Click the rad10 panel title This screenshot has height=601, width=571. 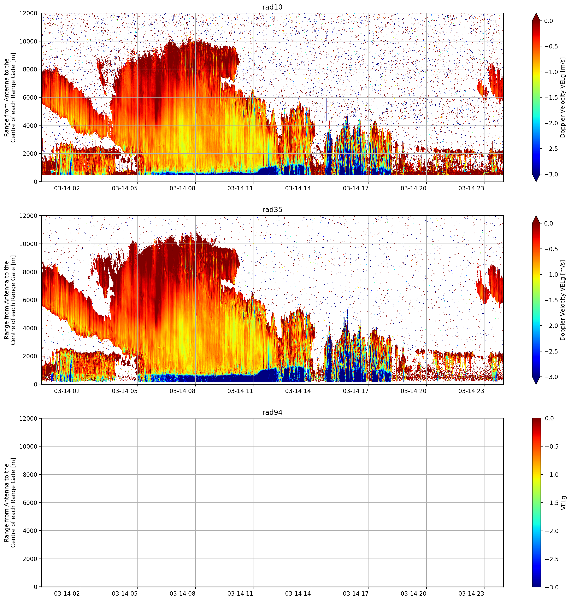point(272,7)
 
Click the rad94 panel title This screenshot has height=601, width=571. point(272,412)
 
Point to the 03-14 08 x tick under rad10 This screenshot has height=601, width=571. point(182,188)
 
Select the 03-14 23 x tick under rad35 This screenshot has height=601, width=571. point(471,391)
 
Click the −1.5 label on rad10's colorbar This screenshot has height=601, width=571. point(551,97)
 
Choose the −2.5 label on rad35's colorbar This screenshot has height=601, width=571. point(551,351)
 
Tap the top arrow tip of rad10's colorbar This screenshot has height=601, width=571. point(536,13)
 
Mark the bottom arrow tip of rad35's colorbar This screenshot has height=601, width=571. point(536,384)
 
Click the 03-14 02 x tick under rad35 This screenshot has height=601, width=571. point(67,391)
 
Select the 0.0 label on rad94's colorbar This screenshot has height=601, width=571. point(549,418)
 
